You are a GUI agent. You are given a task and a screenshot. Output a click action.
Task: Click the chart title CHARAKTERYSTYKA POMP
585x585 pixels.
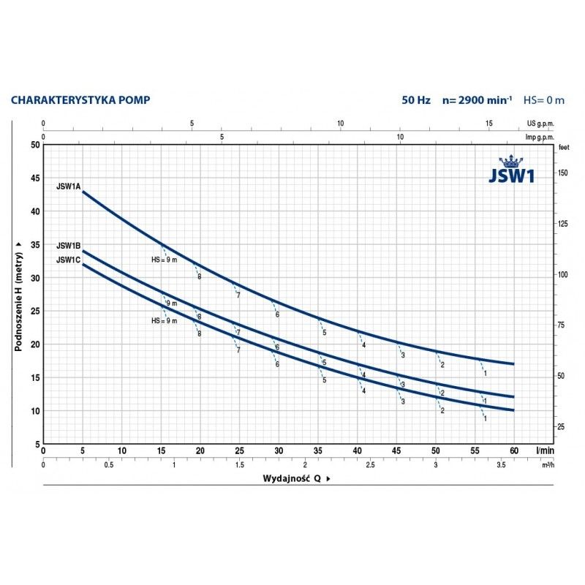[x=80, y=99]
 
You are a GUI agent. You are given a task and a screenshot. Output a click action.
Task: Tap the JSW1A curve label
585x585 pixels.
[x=68, y=186]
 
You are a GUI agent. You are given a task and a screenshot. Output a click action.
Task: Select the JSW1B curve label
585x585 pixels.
[x=68, y=246]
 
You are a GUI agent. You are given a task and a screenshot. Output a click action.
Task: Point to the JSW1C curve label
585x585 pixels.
[x=68, y=259]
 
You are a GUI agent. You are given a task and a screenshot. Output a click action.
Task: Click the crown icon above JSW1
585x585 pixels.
[x=506, y=161]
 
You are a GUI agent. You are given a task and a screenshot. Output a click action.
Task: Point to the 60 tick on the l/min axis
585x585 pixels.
[x=514, y=450]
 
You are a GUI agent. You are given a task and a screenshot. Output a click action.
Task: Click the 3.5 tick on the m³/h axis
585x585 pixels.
[x=501, y=465]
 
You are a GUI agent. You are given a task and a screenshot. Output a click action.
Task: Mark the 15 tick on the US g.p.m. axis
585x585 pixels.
[x=489, y=124]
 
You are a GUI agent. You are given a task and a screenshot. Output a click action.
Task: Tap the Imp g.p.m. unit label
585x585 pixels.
[x=540, y=136]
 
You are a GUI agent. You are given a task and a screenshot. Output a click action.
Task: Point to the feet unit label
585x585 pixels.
[x=563, y=148]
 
